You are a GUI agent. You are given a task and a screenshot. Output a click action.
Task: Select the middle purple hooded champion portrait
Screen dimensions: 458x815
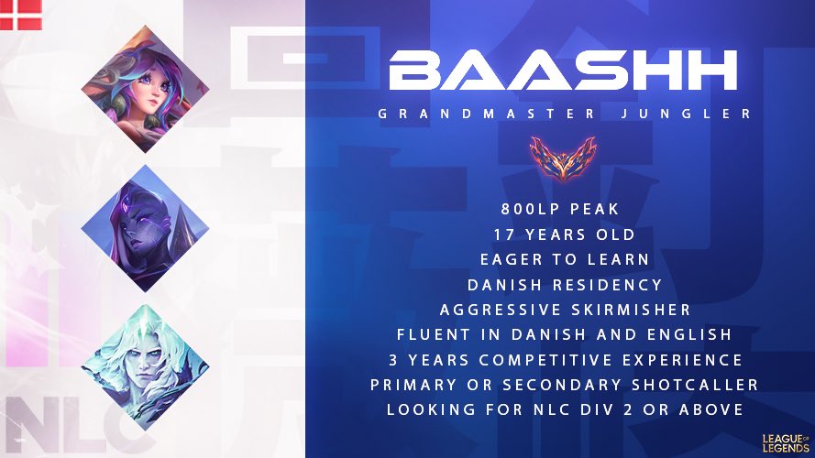click(x=145, y=229)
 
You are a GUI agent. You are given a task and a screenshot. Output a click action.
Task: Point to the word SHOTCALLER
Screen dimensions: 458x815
click(x=682, y=385)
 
